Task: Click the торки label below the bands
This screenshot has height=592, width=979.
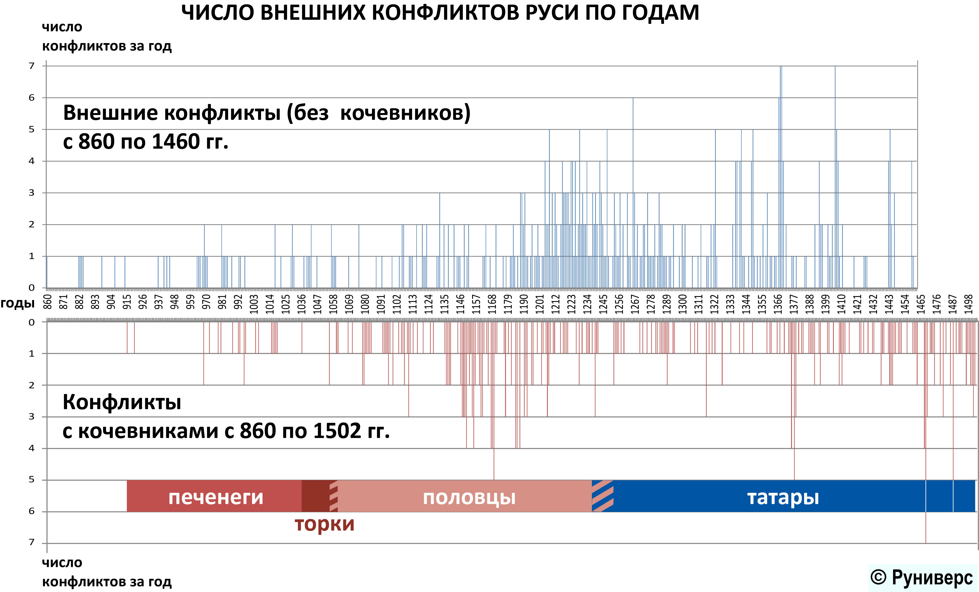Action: (324, 524)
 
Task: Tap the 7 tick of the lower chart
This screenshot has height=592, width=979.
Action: (32, 542)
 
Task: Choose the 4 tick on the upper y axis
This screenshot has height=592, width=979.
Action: (32, 161)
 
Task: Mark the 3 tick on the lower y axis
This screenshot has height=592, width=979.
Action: (32, 416)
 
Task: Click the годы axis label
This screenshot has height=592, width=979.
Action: (17, 303)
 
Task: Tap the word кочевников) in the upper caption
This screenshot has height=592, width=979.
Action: (405, 113)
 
